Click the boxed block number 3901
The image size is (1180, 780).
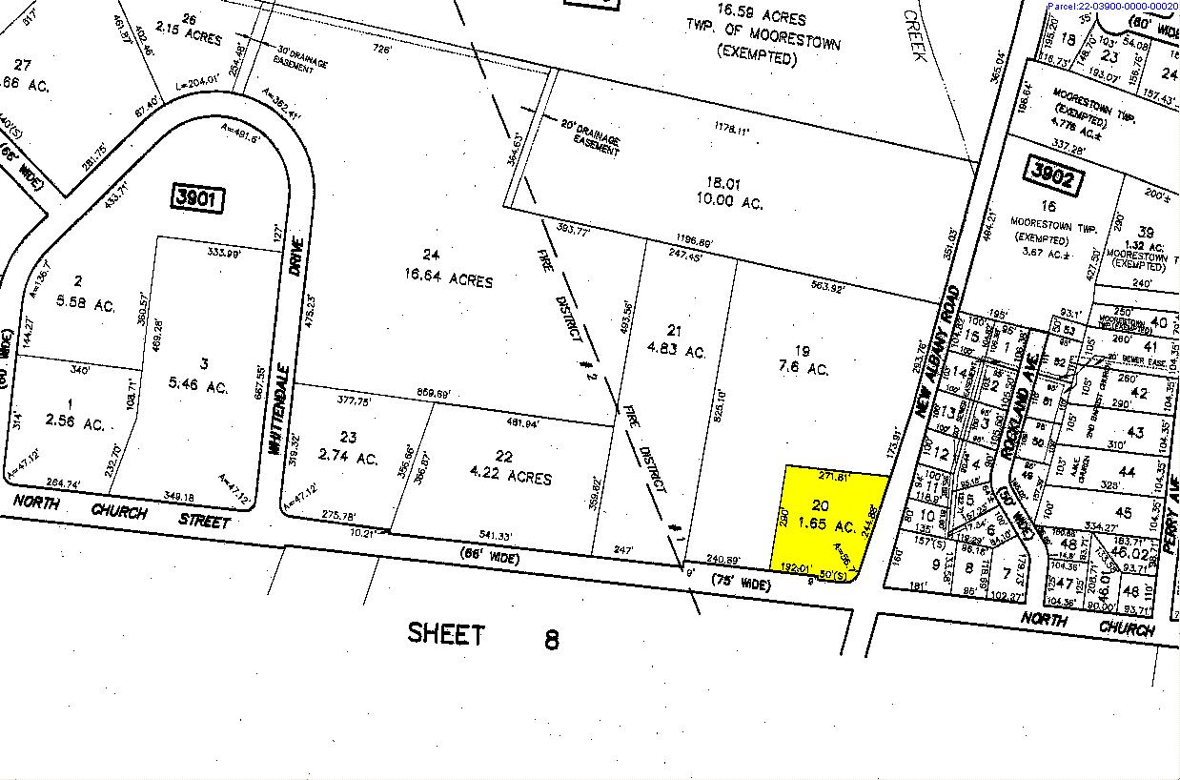198,198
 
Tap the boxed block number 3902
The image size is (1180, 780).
1051,174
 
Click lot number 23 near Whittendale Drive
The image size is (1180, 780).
348,438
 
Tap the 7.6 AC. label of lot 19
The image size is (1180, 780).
804,369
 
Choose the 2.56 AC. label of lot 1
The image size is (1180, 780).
80,422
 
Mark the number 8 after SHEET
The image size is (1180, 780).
551,638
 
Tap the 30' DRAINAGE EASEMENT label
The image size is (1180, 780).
301,57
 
